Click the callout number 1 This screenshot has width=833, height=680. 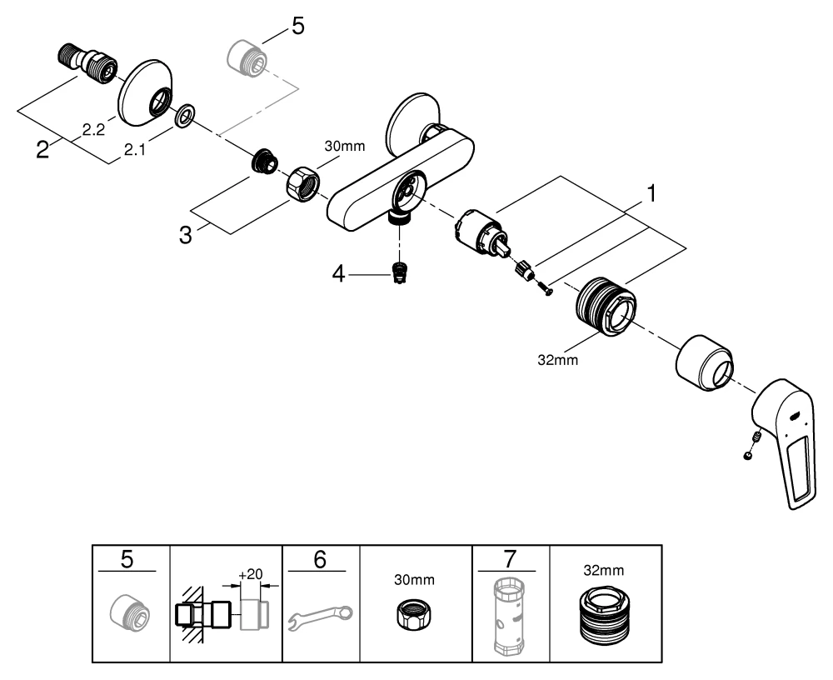652,194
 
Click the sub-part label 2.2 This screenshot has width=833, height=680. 92,129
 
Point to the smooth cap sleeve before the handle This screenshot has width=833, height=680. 705,362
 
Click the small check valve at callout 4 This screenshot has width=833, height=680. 401,273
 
